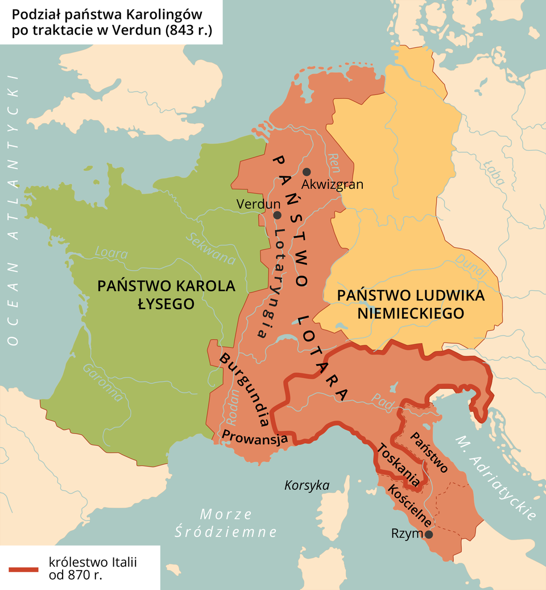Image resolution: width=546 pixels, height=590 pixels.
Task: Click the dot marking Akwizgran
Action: click(307, 172)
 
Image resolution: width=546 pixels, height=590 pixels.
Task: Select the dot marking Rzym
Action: click(429, 534)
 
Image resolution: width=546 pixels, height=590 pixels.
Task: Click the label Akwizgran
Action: click(332, 185)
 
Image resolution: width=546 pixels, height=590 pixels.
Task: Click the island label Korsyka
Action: click(307, 485)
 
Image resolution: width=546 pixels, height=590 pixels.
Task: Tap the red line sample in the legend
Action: click(23, 568)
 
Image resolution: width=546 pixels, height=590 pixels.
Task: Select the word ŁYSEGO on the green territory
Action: click(166, 304)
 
